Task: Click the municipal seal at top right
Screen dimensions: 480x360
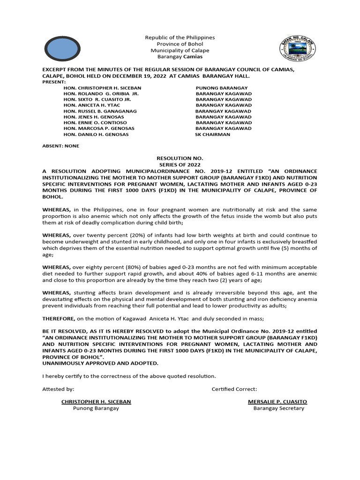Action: [297, 49]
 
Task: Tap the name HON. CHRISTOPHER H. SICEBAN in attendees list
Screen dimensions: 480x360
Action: [102, 88]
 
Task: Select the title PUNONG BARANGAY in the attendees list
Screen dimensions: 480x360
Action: [222, 88]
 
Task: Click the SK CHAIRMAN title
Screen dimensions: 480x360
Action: [212, 134]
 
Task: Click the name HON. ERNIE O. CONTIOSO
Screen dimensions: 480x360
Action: [95, 122]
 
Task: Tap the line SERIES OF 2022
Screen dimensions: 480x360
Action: [180, 165]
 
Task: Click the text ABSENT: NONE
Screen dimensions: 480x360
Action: [61, 146]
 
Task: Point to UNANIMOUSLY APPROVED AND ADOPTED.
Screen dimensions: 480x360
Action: [100, 363]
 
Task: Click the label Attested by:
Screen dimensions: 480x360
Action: [58, 389]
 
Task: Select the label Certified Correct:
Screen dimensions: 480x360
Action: [234, 389]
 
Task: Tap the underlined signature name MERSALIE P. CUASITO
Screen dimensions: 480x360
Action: [277, 402]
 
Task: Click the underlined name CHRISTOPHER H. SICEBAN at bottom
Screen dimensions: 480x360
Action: [96, 402]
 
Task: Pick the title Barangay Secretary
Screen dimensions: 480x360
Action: [278, 408]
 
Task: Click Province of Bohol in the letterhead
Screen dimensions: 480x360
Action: [180, 44]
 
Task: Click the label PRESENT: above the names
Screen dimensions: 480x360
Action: [54, 82]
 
